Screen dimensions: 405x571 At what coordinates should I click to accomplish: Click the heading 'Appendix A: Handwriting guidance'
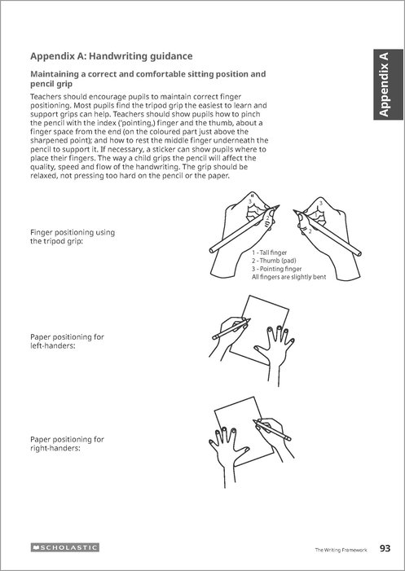click(x=112, y=56)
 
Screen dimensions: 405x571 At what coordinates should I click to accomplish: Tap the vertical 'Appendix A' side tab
click(x=388, y=85)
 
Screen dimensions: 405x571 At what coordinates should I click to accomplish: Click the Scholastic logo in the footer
click(x=65, y=547)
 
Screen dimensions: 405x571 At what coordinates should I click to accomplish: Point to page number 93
click(x=385, y=548)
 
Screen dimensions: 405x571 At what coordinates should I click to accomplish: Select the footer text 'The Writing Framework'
click(x=341, y=550)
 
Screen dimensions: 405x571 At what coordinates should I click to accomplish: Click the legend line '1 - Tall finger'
click(x=270, y=253)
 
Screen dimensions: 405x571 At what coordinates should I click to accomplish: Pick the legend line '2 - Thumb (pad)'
click(x=274, y=261)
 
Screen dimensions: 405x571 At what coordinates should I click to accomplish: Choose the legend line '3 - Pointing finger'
click(x=277, y=269)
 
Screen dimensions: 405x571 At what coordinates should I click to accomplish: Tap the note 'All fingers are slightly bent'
click(x=288, y=277)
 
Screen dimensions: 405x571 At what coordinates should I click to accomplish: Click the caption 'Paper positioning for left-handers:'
click(x=67, y=341)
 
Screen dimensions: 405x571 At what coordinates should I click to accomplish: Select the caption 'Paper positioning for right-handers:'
click(x=67, y=444)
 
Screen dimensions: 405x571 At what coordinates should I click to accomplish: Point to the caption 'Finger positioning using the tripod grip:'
click(x=73, y=237)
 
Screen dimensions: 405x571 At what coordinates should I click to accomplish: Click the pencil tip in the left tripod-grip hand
click(x=279, y=205)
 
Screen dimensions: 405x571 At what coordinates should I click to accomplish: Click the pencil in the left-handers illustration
click(x=231, y=329)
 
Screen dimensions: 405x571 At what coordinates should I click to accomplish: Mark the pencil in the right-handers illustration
click(x=272, y=430)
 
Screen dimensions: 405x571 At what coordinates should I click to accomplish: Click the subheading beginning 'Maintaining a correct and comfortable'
click(x=147, y=79)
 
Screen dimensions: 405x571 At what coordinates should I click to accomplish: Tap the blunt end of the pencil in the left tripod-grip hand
click(x=212, y=250)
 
